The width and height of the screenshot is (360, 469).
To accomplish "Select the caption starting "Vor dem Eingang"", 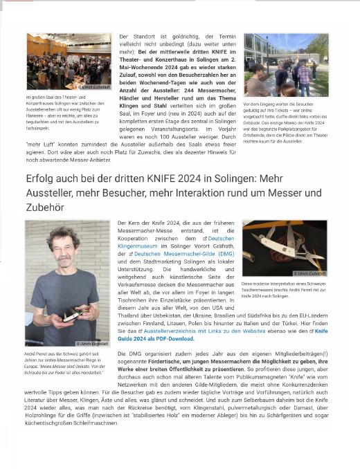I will [284, 122].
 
